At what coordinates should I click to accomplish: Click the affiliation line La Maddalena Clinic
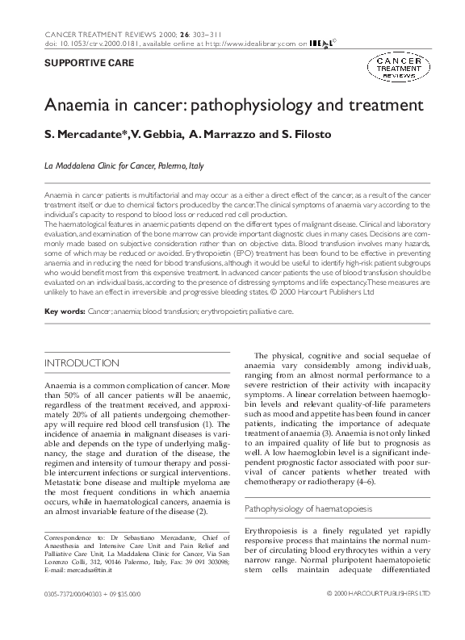pyautogui.click(x=124, y=166)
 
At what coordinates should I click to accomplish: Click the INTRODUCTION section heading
pyautogui.click(x=82, y=363)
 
